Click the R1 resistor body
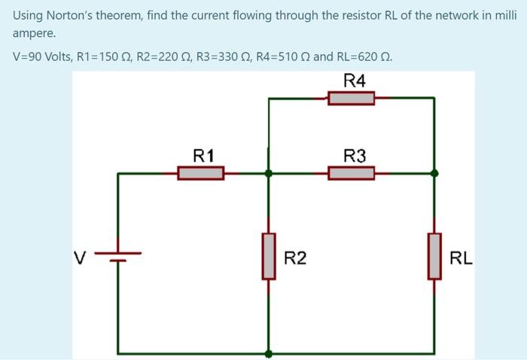pyautogui.click(x=201, y=173)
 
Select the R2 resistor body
pyautogui.click(x=269, y=256)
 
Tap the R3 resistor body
pyautogui.click(x=352, y=173)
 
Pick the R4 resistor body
pyautogui.click(x=352, y=98)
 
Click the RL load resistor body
pyautogui.click(x=434, y=256)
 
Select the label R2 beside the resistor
pyautogui.click(x=295, y=258)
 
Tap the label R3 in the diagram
pyautogui.click(x=355, y=156)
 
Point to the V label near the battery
pyautogui.click(x=78, y=258)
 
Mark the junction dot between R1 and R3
pyautogui.click(x=269, y=173)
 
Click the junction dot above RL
pyautogui.click(x=434, y=173)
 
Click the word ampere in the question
pyautogui.click(x=33, y=34)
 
